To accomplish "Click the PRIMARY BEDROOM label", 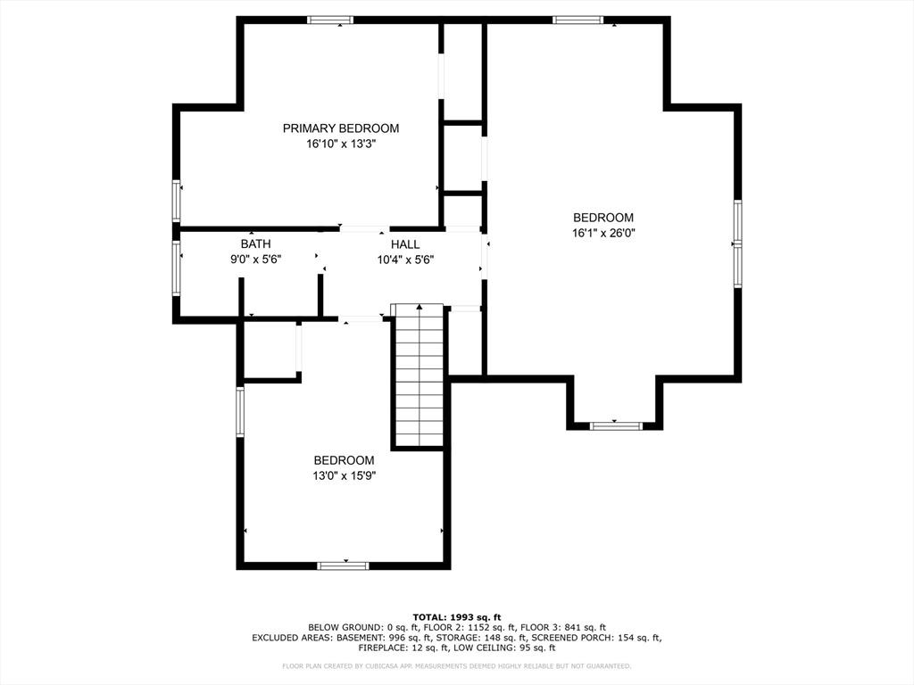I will pos(341,128).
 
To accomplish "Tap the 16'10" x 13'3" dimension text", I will pos(341,144).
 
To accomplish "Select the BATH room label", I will pos(255,244).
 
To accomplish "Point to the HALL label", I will pos(404,244).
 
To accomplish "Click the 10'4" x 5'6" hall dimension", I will pos(404,260).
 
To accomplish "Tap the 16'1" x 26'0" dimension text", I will pos(603,233).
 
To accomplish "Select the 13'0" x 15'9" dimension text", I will pos(344,475).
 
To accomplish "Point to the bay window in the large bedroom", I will pos(616,426).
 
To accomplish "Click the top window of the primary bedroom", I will pos(330,20).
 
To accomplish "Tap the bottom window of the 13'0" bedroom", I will pos(344,565).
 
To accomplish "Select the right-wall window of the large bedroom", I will pos(737,243).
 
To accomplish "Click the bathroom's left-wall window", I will pos(177,268).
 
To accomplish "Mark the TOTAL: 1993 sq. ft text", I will pos(457,617).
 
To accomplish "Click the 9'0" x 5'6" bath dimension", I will pos(255,260).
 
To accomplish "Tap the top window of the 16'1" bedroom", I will pos(577,20).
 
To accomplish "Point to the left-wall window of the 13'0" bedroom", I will pos(240,411).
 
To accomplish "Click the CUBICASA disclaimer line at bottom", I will pos(457,666).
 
